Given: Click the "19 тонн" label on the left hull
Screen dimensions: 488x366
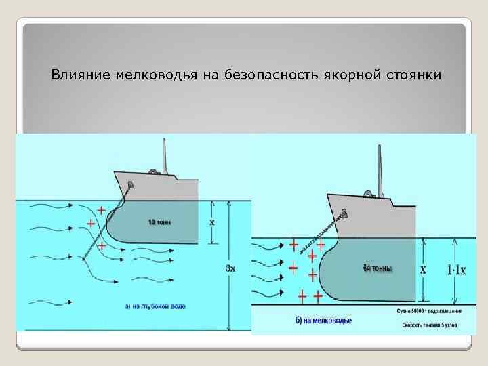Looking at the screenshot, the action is [x=160, y=222].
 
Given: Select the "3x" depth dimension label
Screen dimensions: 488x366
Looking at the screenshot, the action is [x=230, y=267].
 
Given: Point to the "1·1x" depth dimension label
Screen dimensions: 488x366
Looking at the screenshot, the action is [x=456, y=270].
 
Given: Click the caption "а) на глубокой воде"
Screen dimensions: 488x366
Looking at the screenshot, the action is [x=156, y=306].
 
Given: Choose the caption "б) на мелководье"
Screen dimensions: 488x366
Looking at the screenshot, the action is [x=323, y=320].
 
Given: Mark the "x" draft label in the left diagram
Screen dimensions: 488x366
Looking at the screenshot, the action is [x=212, y=222].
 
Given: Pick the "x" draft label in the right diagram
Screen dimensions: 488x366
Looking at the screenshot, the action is [x=424, y=269].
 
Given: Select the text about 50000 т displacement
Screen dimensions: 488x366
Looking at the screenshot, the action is [x=430, y=311].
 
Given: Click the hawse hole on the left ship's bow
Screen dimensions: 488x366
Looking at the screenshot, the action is [x=130, y=184].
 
